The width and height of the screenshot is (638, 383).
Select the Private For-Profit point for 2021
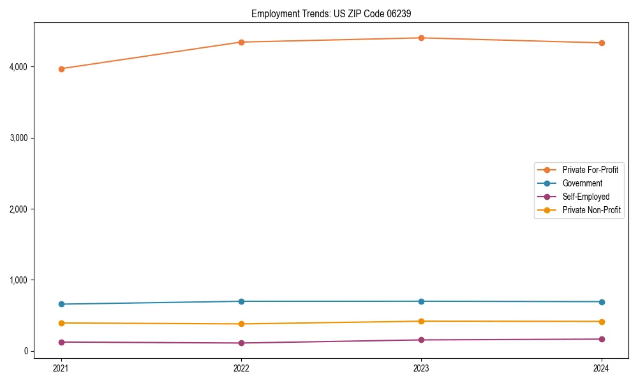61,69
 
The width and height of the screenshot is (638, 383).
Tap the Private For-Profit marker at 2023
421,38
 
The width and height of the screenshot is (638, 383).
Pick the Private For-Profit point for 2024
602,43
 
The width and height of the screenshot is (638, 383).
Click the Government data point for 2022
241,301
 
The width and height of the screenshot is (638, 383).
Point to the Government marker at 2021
61,304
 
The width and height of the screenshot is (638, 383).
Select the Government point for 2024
602,302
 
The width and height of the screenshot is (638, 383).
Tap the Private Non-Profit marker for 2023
421,321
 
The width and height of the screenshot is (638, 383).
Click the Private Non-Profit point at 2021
61,323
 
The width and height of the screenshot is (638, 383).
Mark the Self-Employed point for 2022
241,343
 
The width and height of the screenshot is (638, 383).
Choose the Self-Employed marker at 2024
602,339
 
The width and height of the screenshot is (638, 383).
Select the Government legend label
582,183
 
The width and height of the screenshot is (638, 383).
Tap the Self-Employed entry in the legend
586,197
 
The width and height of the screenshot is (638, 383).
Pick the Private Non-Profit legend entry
591,210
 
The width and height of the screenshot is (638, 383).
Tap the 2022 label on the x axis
241,368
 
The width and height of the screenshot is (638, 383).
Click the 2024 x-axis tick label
602,368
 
